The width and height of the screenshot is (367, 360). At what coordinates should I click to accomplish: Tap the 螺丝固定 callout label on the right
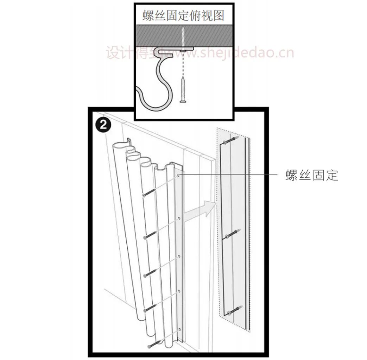click(x=311, y=175)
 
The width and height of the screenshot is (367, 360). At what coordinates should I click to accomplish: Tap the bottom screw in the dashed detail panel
click(x=234, y=310)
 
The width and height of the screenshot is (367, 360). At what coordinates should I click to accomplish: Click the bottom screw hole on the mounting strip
click(x=179, y=329)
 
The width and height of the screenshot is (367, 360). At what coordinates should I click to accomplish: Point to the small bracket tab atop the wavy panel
click(x=130, y=141)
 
